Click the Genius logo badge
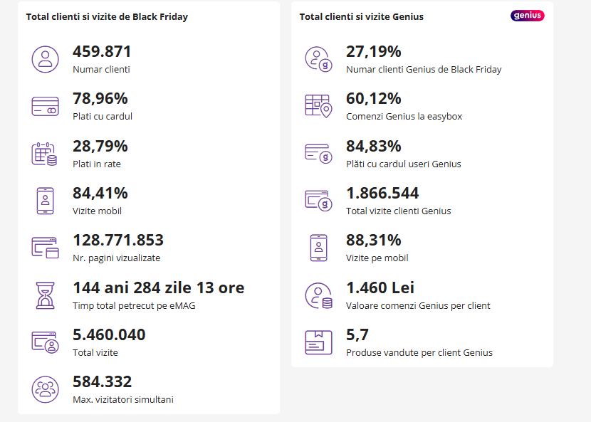tap(527, 16)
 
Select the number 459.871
tap(102, 52)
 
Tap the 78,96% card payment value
tap(100, 99)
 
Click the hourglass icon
tap(45, 295)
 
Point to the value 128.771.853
tap(118, 241)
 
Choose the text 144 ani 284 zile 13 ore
tap(158, 288)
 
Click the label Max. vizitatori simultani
tap(122, 399)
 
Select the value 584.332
tap(102, 382)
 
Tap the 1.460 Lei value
tap(380, 288)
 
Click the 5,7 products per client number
tap(357, 335)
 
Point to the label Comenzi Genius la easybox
tap(404, 117)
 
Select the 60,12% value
tap(373, 99)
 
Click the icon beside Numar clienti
tap(45, 58)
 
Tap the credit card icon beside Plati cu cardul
tap(45, 106)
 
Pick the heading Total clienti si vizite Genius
tap(361, 16)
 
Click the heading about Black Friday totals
tap(107, 16)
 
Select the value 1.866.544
tap(382, 194)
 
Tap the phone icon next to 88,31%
tap(318, 247)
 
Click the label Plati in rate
tap(97, 164)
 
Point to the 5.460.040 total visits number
tap(109, 335)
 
